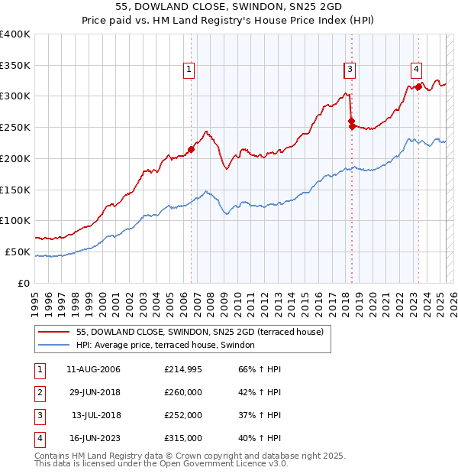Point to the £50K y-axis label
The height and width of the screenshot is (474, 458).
click(18, 252)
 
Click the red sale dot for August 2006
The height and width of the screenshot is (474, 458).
click(192, 149)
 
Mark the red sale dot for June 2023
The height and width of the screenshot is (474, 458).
click(418, 86)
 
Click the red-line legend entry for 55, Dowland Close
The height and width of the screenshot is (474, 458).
click(200, 332)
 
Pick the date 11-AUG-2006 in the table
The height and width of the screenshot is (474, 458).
click(94, 370)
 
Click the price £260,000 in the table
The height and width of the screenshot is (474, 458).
click(183, 393)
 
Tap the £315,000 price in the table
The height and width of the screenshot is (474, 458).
click(183, 439)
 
